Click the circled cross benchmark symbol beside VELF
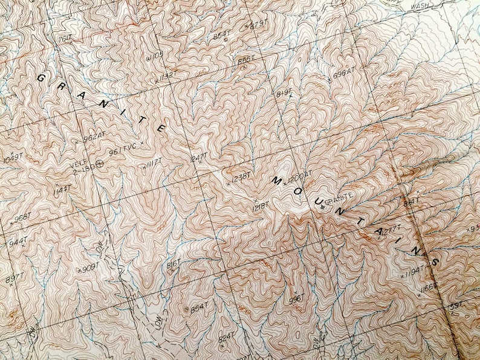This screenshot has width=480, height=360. (x=100, y=162)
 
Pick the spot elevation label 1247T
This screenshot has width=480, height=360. (x=199, y=158)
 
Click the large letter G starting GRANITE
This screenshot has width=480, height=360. (x=42, y=78)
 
